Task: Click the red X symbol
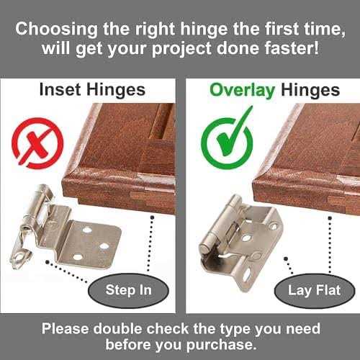37,143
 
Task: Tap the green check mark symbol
227,142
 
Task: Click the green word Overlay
242,91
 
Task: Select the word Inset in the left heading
60,90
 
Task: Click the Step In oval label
128,290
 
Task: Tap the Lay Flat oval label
315,290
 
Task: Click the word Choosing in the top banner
57,30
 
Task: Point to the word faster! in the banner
292,48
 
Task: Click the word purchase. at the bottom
220,346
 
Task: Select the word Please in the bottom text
65,328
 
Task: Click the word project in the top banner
182,49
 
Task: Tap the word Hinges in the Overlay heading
310,91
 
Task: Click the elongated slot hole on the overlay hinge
246,275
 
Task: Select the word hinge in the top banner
204,30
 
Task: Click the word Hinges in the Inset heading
116,90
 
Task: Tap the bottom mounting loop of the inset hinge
21,257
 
